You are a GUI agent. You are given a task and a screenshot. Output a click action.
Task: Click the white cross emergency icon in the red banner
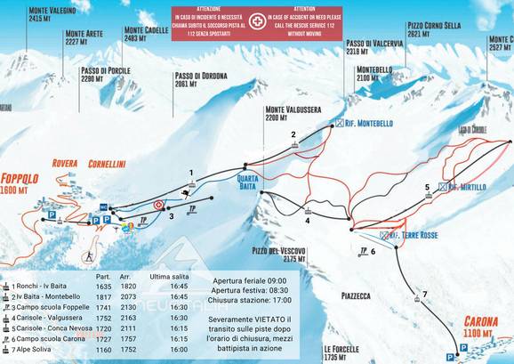[x=257, y=19]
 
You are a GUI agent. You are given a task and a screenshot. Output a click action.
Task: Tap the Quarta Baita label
[x=247, y=181]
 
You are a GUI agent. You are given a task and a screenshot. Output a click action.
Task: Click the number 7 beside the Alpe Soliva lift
[x=424, y=294]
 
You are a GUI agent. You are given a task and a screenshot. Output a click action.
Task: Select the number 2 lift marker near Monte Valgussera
[x=292, y=134]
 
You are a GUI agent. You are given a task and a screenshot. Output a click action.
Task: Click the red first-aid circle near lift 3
[x=159, y=205]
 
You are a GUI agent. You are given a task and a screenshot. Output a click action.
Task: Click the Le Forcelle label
[x=341, y=351]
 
